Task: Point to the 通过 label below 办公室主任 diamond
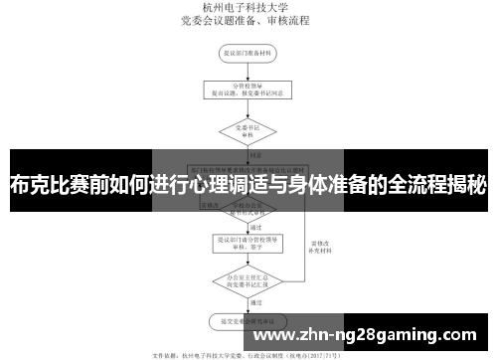click(x=256, y=301)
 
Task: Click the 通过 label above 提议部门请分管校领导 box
click(x=256, y=226)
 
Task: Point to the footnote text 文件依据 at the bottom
click(x=165, y=351)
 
